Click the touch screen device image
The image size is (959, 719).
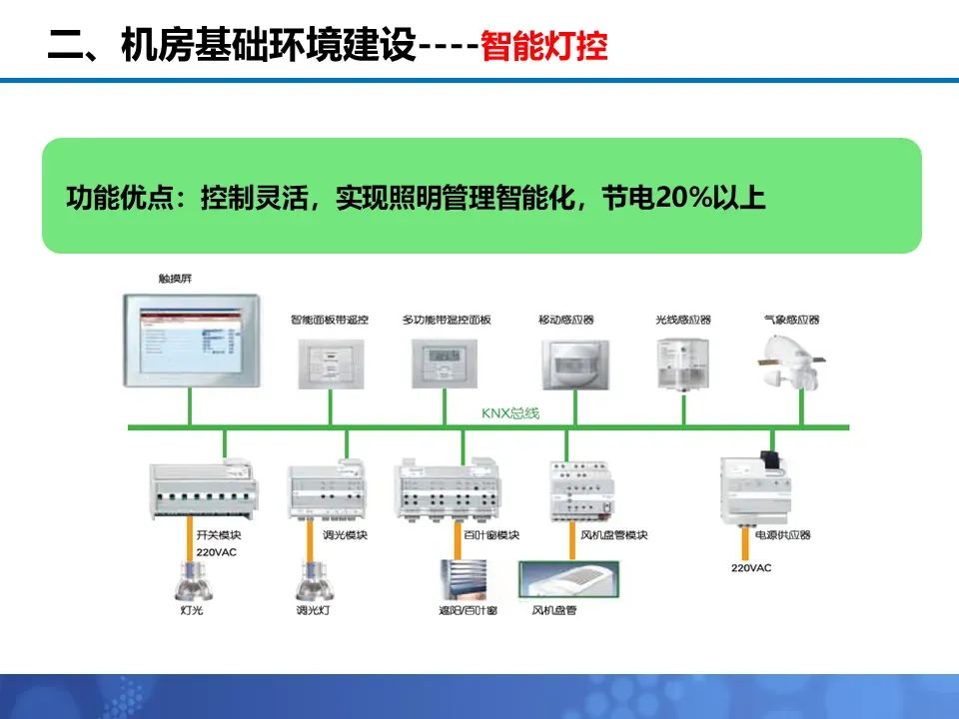[190, 340]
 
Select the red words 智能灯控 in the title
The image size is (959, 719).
[544, 46]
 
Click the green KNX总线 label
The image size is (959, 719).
[510, 412]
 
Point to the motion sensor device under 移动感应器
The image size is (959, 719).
[574, 363]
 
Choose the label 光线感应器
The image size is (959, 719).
[683, 320]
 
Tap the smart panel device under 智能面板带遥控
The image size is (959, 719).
[331, 362]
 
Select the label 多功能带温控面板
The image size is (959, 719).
[447, 320]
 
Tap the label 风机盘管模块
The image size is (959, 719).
[614, 535]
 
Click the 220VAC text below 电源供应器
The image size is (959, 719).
[751, 567]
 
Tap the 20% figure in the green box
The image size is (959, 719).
[679, 198]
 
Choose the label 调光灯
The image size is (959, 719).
[312, 609]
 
